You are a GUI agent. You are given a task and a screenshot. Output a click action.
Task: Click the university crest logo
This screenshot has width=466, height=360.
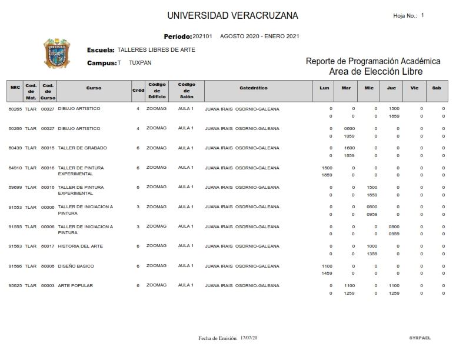click(57, 54)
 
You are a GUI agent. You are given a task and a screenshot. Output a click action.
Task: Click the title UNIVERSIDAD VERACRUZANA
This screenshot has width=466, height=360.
click(232, 15)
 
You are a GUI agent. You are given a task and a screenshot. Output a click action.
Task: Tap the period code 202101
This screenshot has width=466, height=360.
click(204, 36)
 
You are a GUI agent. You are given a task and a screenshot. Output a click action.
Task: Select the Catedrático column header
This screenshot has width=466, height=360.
click(254, 88)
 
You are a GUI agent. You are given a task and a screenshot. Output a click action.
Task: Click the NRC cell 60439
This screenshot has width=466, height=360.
click(15, 148)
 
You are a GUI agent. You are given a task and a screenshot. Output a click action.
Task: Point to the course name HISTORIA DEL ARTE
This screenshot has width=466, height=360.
click(80, 246)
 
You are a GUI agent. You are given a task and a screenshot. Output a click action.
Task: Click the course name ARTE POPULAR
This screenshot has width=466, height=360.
click(75, 285)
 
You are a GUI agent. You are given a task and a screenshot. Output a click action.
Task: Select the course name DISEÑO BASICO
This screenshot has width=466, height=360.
click(76, 266)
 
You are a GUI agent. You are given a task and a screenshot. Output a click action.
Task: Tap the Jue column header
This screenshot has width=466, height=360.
click(391, 88)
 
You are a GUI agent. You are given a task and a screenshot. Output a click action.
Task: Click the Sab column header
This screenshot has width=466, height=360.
click(436, 88)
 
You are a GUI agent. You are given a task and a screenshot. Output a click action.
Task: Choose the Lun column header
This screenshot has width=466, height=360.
click(324, 88)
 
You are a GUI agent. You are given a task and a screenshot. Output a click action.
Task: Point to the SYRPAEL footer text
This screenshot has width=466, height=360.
click(420, 338)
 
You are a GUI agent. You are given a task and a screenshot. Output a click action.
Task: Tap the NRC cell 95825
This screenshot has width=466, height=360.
click(15, 285)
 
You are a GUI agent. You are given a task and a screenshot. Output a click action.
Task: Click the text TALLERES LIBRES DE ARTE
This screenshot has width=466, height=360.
click(157, 50)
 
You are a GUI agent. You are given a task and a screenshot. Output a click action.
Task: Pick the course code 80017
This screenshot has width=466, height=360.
click(48, 246)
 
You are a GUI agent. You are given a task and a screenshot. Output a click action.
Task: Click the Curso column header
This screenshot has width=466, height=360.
click(94, 88)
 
